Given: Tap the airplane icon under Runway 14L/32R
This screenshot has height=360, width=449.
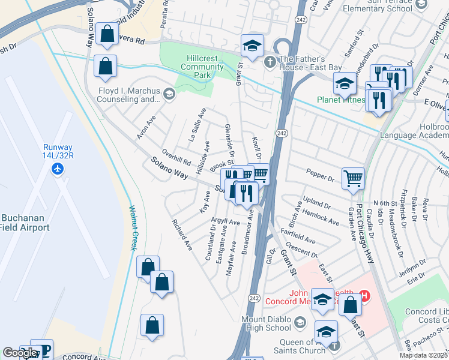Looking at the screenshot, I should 58,169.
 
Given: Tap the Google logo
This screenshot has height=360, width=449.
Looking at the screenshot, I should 20,353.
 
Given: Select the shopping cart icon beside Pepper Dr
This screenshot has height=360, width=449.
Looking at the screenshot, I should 353,178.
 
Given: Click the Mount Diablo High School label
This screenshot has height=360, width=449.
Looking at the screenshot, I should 266,323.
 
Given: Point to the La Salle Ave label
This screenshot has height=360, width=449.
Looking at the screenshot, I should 197,124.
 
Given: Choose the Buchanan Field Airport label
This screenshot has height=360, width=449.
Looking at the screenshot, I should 25,222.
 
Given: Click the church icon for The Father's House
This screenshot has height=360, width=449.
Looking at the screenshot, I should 271,60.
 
